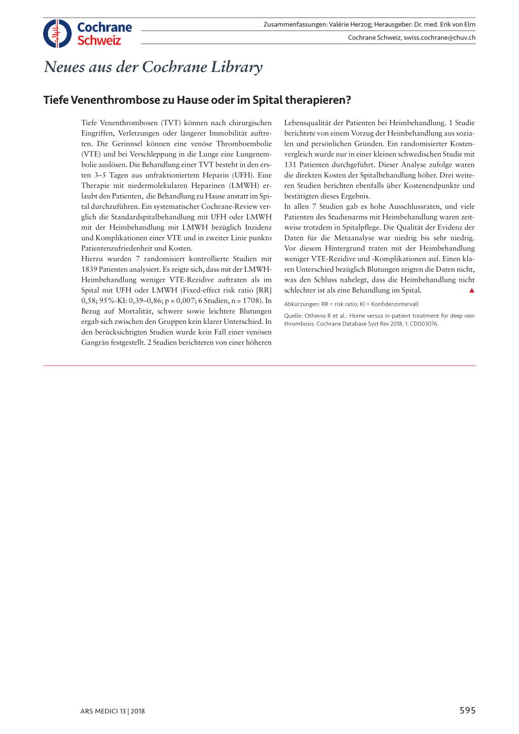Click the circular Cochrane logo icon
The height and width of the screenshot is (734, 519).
(x=57, y=33)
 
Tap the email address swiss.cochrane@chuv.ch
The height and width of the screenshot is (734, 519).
(x=439, y=38)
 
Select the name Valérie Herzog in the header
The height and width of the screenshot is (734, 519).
(x=350, y=24)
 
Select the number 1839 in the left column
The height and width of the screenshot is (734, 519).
(x=89, y=269)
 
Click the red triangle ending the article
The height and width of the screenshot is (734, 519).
(x=471, y=290)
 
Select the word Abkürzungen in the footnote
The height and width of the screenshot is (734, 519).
(x=302, y=304)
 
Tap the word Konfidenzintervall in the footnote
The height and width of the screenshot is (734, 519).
(x=395, y=304)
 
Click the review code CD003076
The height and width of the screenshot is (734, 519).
(x=424, y=324)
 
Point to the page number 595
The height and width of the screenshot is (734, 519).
(x=467, y=711)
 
